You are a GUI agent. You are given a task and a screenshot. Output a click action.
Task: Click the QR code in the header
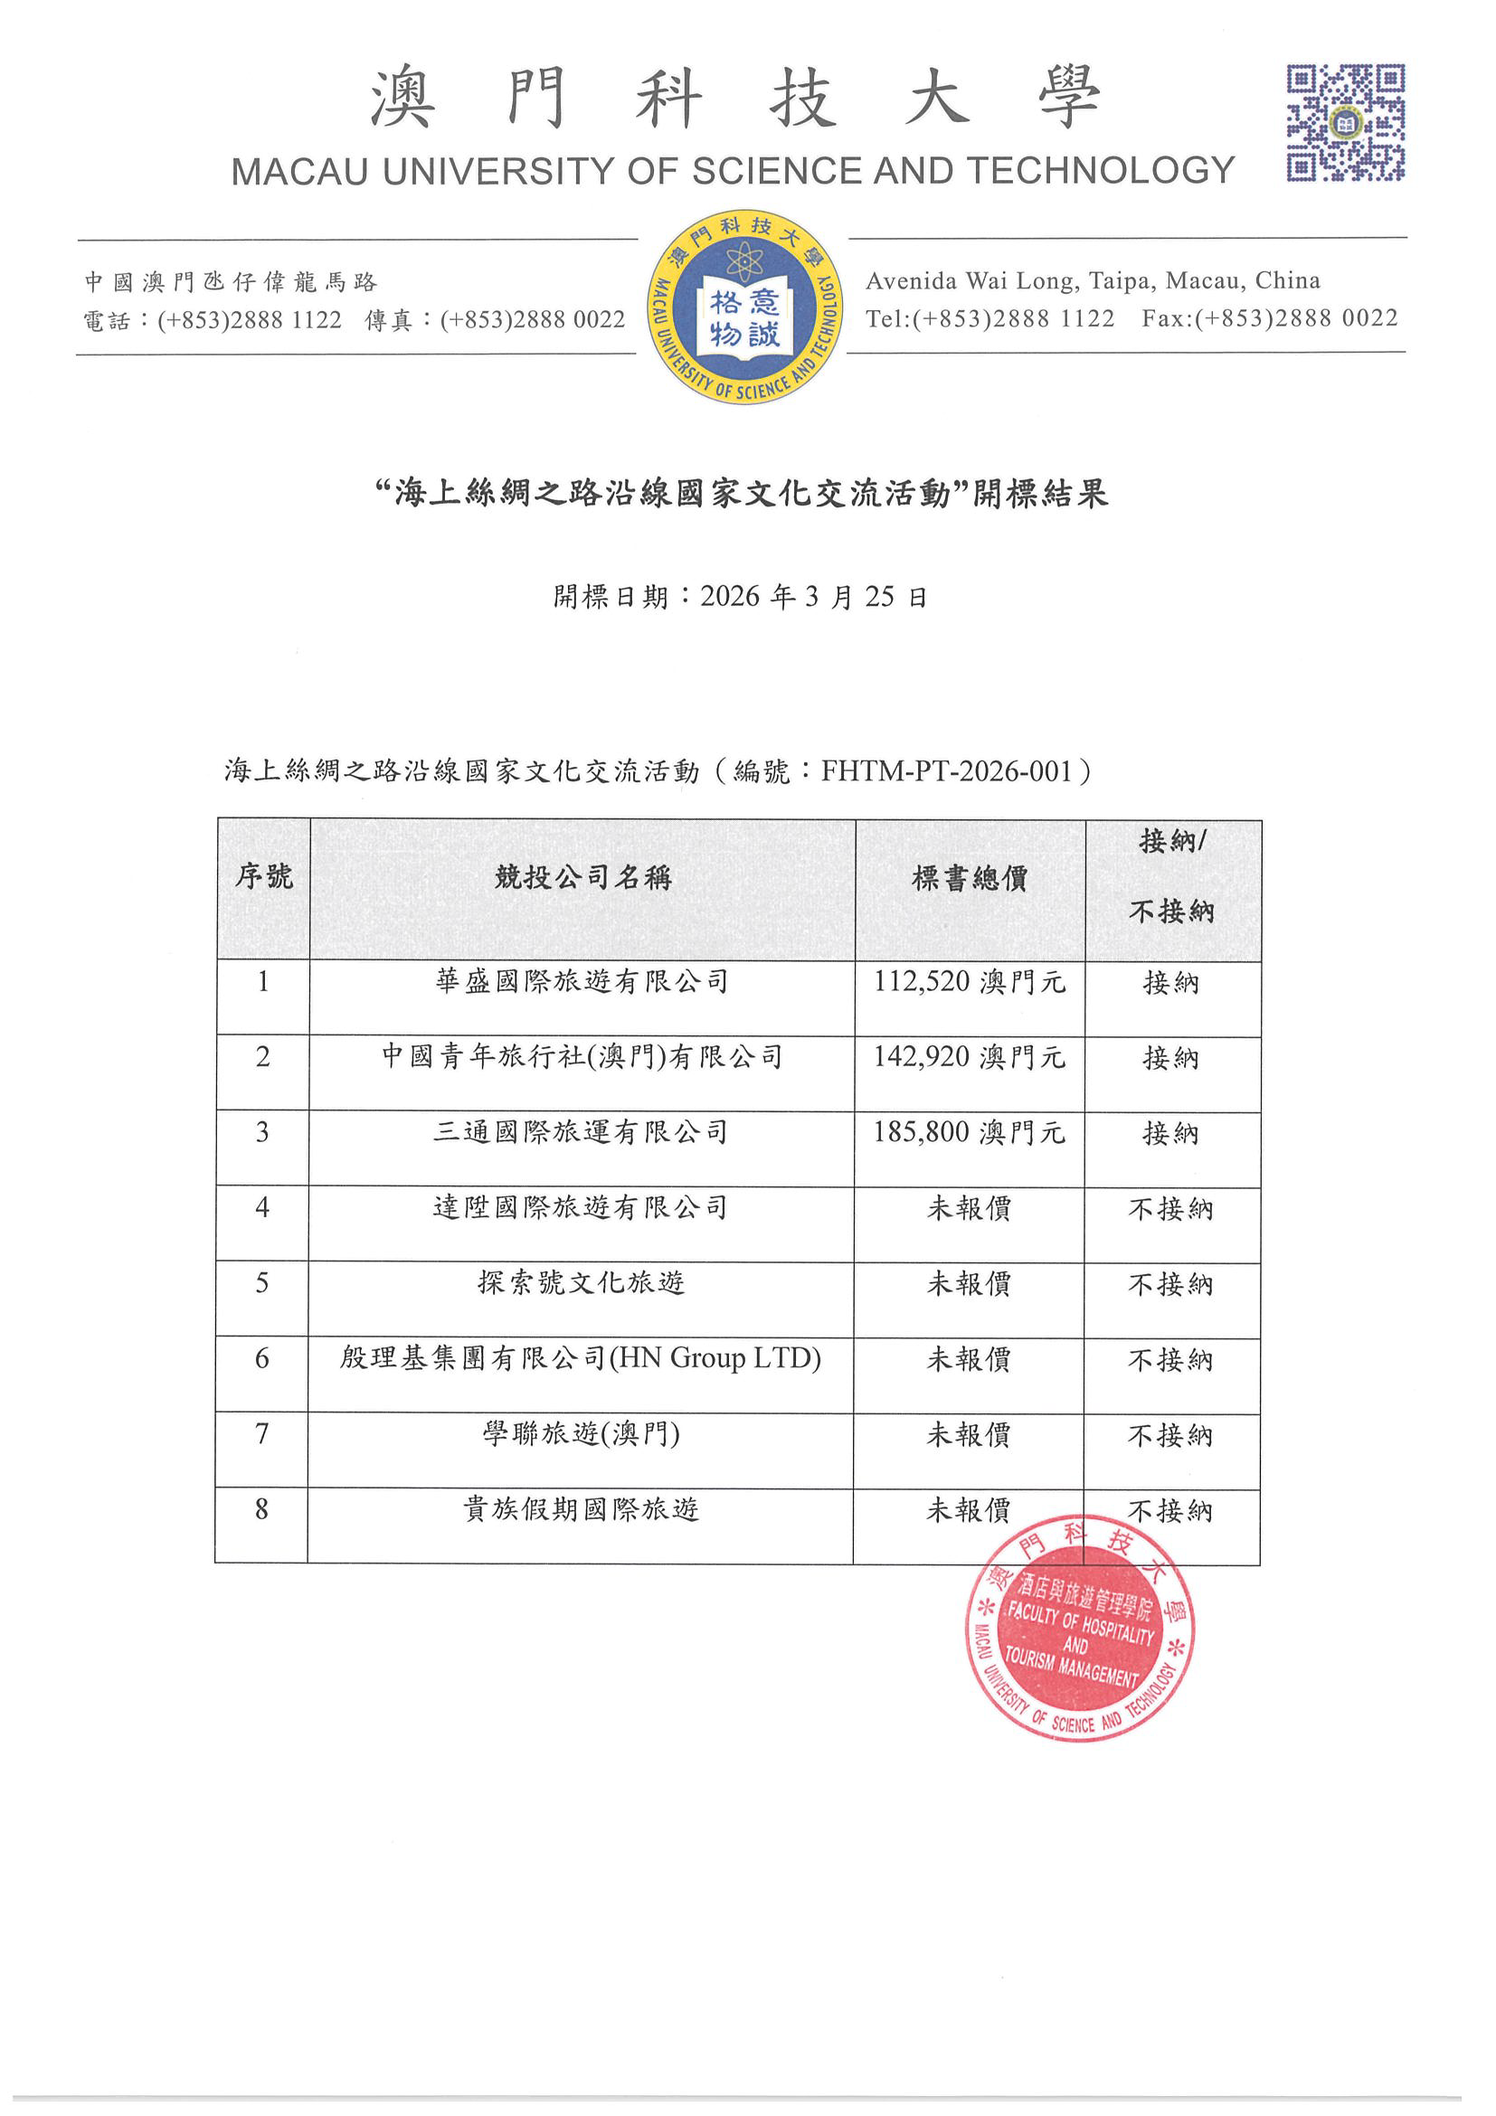click(1345, 122)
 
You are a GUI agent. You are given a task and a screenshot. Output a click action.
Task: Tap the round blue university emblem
click(743, 306)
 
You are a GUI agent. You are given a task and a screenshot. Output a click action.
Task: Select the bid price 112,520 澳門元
click(969, 981)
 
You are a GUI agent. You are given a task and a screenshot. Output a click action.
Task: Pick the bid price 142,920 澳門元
click(969, 1056)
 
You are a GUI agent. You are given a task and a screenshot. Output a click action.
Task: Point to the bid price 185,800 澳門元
click(969, 1132)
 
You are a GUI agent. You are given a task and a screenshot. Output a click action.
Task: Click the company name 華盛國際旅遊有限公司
click(582, 981)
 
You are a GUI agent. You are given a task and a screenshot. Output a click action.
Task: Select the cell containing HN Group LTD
click(581, 1358)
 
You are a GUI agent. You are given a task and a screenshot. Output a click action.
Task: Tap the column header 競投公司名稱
click(582, 877)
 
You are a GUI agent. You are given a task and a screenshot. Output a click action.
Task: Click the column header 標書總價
click(969, 878)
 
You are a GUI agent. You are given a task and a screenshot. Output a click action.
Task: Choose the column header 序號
click(263, 876)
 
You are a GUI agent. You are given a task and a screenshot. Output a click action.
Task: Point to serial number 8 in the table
click(261, 1508)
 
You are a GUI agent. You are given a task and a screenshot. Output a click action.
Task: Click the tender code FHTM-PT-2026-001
click(947, 770)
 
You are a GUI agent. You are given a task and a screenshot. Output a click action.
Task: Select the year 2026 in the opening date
click(730, 596)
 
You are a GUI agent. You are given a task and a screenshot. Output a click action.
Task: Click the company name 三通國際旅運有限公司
click(581, 1132)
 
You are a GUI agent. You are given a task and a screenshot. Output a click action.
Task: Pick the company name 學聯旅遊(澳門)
click(581, 1434)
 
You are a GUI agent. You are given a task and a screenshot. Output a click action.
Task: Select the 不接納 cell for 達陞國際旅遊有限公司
click(1170, 1208)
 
